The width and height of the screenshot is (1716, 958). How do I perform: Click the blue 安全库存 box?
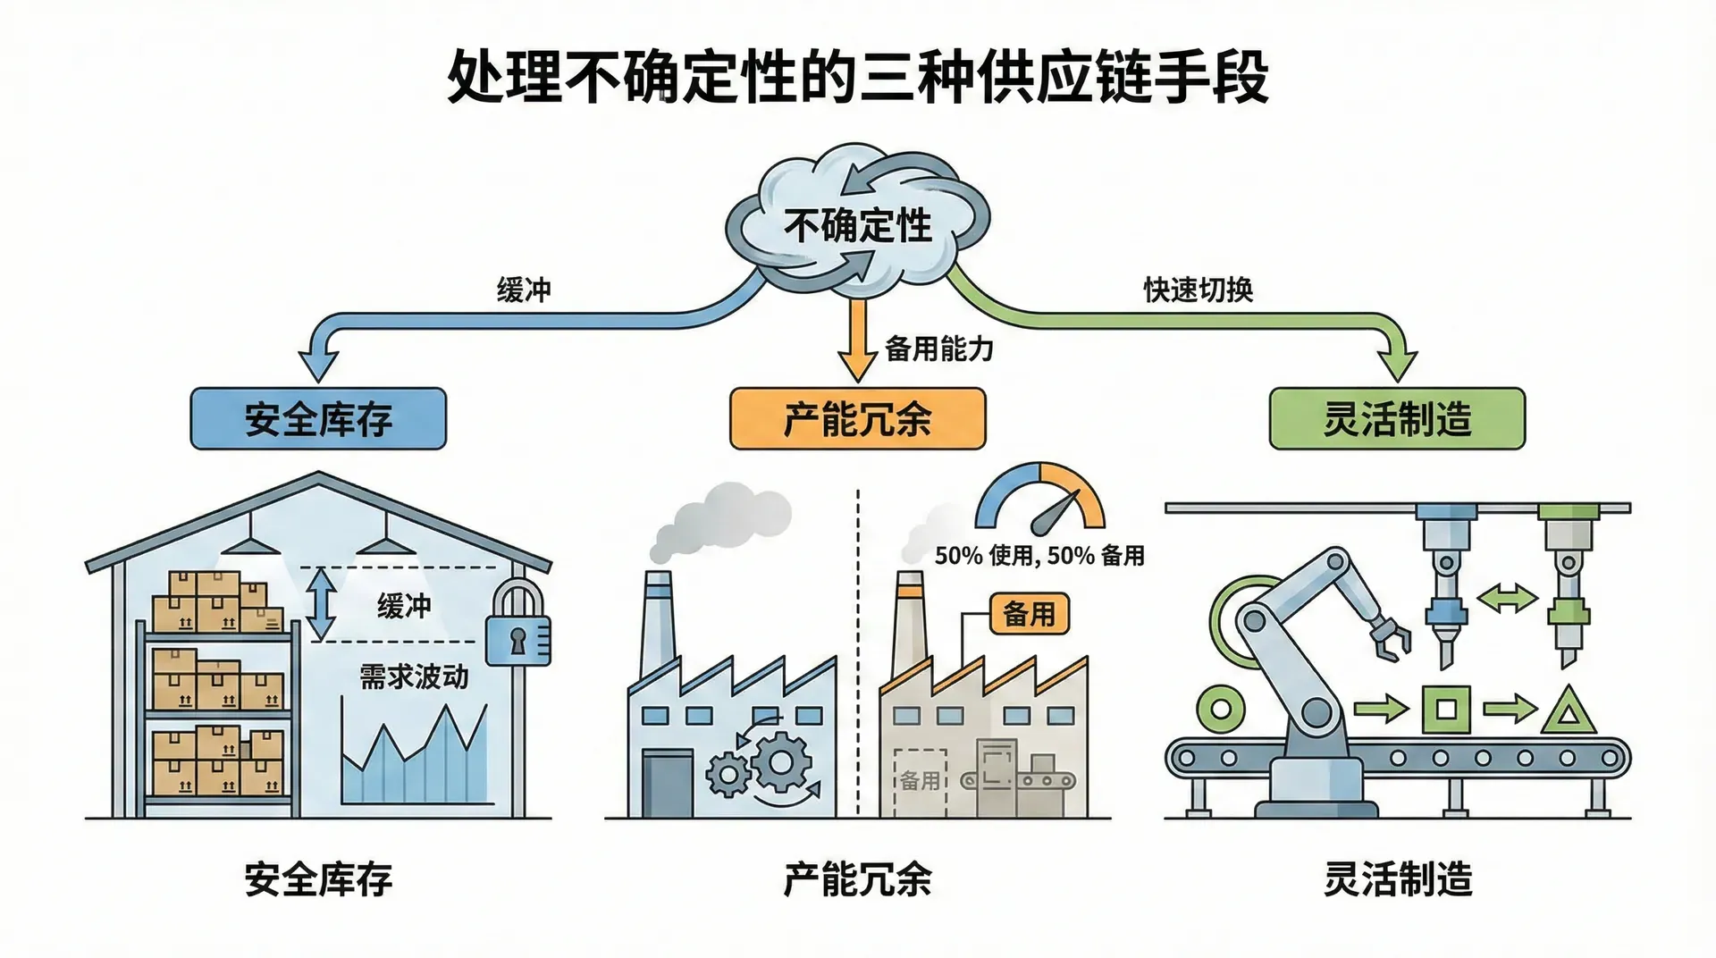[318, 418]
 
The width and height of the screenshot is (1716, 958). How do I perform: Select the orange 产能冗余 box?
[857, 418]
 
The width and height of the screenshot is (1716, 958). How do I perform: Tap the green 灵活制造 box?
[1397, 418]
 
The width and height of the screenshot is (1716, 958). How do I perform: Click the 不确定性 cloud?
[856, 223]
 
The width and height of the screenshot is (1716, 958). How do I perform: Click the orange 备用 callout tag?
[1029, 614]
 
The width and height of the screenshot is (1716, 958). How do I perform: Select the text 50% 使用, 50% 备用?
[1039, 556]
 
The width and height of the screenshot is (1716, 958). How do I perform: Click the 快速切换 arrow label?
[1198, 290]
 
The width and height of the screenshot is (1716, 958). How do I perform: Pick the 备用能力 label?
[939, 349]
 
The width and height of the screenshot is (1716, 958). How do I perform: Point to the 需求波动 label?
[414, 676]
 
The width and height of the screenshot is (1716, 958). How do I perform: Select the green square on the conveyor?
[1445, 710]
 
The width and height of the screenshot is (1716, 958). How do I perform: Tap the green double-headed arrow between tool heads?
[1507, 599]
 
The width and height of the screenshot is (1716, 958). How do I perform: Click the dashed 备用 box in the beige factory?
[920, 779]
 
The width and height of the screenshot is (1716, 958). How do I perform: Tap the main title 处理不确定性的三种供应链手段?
[857, 79]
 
